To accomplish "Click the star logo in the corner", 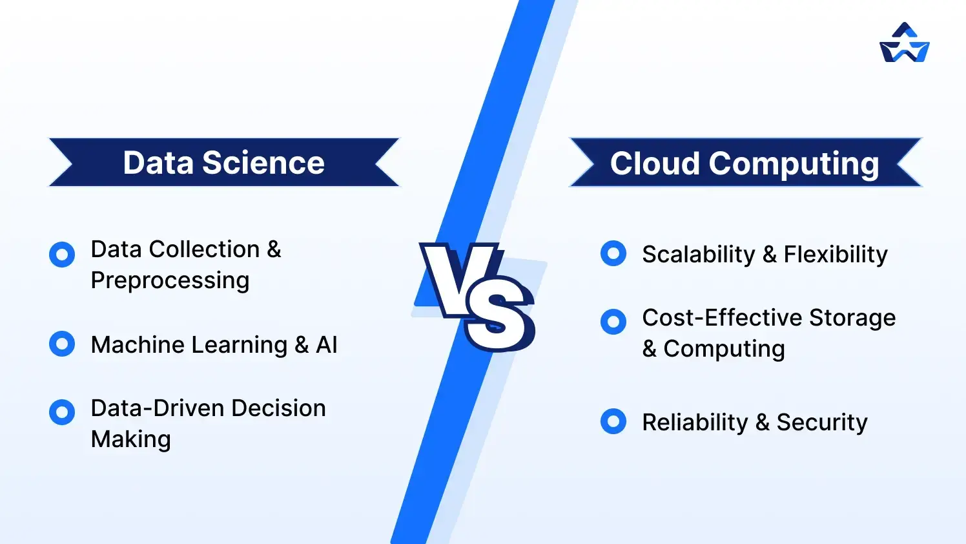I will pos(904,43).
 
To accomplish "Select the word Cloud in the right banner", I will pos(655,163).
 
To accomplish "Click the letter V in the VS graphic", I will pos(460,278).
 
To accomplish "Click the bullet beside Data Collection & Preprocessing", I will pos(62,255).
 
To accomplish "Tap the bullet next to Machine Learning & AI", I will pos(62,344).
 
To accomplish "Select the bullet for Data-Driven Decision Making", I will pos(62,412).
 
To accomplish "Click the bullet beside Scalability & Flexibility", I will pos(613,253).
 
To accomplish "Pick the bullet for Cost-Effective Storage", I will pos(613,321).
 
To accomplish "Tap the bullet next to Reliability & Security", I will pos(613,421).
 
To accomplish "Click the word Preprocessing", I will pos(170,281).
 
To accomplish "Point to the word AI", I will pos(327,345).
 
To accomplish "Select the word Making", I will pos(131,439).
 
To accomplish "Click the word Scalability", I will pos(698,255).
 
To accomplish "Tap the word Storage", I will pos(852,318).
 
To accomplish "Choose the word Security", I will pos(821,423).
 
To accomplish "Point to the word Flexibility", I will pos(836,255).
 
